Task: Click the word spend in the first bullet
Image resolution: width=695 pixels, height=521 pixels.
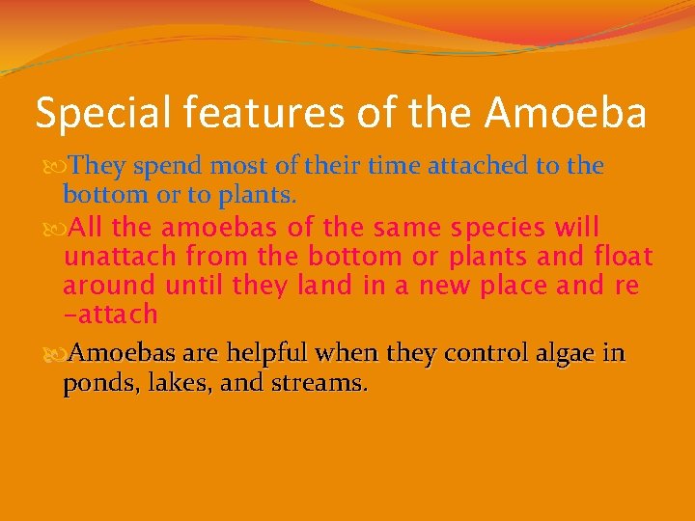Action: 165,167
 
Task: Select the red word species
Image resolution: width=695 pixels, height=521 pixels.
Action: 493,229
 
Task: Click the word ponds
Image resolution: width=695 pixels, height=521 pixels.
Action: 95,384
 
